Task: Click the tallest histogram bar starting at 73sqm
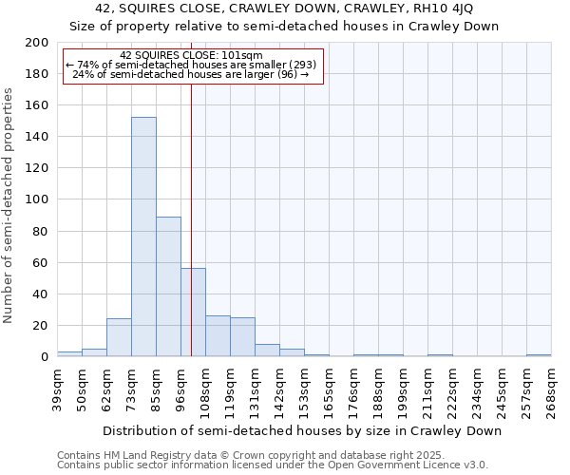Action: point(143,237)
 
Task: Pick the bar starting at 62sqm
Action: point(119,338)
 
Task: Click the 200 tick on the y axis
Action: point(37,43)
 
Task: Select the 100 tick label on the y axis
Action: point(37,199)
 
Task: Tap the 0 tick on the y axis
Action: point(44,357)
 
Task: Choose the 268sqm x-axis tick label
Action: point(551,389)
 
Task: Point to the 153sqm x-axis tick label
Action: point(304,389)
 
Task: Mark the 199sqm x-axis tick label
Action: point(403,389)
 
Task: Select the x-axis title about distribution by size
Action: point(302,430)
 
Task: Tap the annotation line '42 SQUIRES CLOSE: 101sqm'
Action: point(192,56)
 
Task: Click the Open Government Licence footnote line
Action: point(273,465)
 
